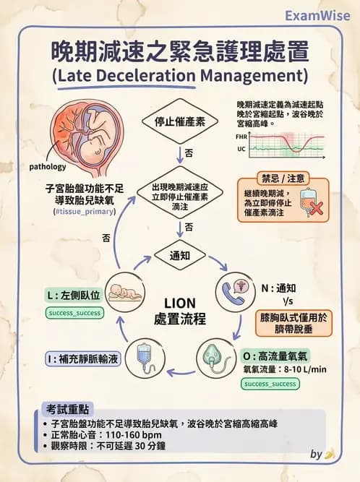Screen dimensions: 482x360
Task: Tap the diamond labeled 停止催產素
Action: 179,121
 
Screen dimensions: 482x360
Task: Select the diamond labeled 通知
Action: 179,255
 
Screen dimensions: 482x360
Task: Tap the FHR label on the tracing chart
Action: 241,137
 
